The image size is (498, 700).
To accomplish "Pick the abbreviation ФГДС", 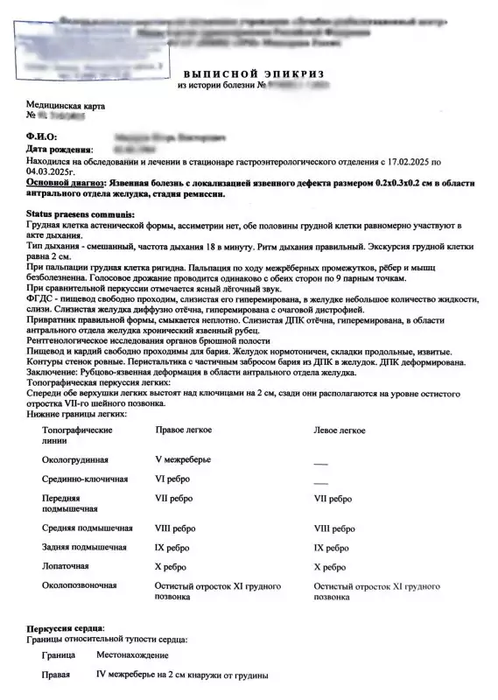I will point(41,299).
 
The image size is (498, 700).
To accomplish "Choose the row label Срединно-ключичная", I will point(85,479).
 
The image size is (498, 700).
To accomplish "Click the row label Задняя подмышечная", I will point(84,547).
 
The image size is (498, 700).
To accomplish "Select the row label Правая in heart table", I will point(56,676).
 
